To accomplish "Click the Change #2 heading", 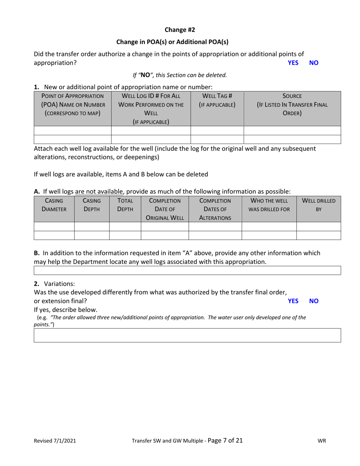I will [180, 30].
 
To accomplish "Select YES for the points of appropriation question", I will [293, 63].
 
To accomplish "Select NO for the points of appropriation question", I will [314, 63].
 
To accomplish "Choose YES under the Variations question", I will [293, 301].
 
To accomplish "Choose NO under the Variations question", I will [314, 301].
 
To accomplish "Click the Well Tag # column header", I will [217, 100].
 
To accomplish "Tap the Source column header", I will [292, 104].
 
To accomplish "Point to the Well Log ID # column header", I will [151, 109].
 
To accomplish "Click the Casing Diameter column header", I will [54, 205].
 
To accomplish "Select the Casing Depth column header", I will [92, 205].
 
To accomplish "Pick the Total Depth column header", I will [125, 205].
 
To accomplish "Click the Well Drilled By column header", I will [318, 205].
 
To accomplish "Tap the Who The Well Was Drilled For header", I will [269, 205].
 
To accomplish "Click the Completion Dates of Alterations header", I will [215, 209].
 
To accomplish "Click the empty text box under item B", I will [187, 270].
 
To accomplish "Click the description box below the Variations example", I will [187, 335].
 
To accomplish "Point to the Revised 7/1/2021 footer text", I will [55, 441].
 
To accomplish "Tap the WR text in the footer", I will [322, 441].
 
